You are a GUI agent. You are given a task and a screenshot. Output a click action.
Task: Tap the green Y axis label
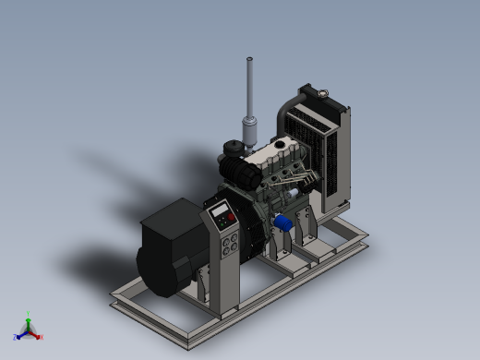pos(29,313)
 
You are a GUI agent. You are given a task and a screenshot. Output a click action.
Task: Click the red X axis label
pos(42,337)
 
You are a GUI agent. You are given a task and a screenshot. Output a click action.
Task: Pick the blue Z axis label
pos(16,338)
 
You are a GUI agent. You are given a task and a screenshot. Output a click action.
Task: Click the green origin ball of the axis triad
pos(29,328)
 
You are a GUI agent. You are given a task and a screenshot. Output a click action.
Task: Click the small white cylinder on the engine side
pos(294,193)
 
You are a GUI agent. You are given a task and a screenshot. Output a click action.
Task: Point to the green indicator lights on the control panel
pos(222,224)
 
